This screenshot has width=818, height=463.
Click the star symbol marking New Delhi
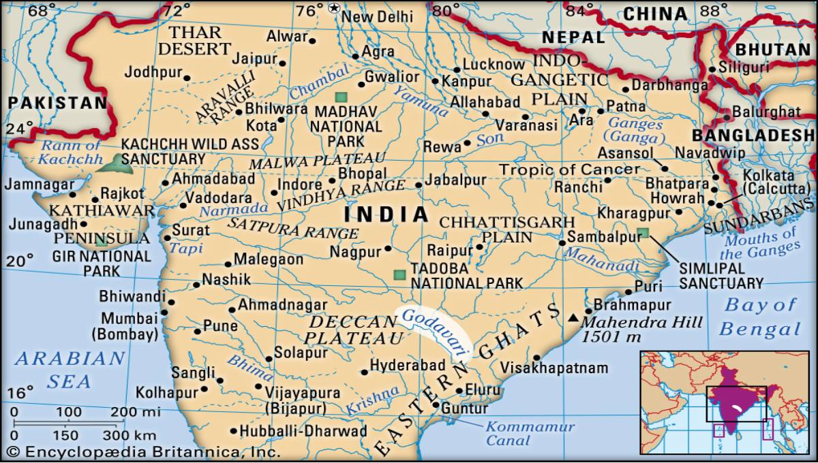coord(334,8)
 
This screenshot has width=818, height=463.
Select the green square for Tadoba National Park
coord(399,276)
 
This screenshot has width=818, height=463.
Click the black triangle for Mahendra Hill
coord(573,317)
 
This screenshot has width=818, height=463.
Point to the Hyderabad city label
coord(407,366)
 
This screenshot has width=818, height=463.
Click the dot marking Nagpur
coord(388,249)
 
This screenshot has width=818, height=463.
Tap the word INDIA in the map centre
coord(387,215)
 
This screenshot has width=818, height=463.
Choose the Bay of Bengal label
coord(759,317)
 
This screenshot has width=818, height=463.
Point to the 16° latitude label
coord(20,393)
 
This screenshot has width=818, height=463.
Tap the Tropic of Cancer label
coord(570,170)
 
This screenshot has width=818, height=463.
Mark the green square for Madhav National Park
coord(341,97)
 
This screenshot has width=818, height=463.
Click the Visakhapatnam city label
coord(554,368)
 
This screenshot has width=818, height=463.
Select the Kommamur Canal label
coord(529,434)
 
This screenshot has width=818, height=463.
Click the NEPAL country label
coord(573,37)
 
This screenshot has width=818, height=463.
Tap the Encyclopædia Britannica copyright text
coord(143,452)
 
